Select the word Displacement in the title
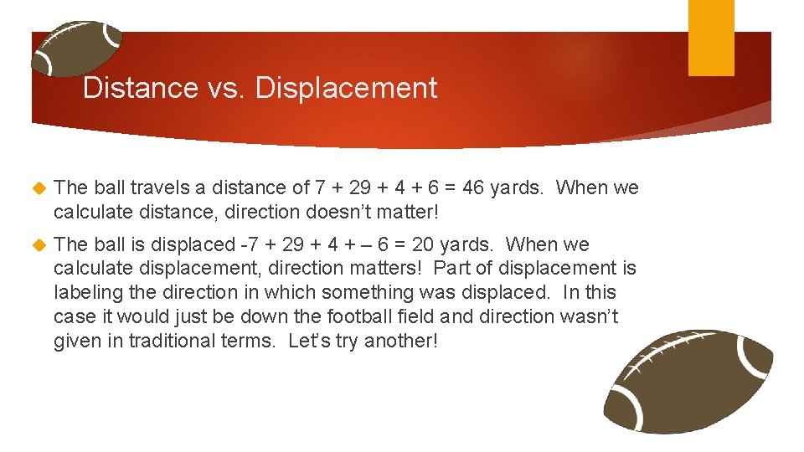[x=346, y=88]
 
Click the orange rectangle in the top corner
[x=711, y=38]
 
